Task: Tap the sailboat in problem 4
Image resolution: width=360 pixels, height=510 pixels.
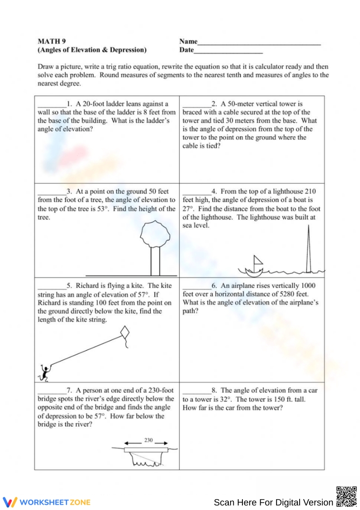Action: (254, 267)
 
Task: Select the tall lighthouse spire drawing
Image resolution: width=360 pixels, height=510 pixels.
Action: (309, 250)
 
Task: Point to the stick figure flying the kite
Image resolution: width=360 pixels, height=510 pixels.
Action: (44, 372)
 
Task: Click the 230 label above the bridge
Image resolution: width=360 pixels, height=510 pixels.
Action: (148, 440)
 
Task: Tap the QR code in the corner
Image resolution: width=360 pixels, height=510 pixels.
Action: (346, 496)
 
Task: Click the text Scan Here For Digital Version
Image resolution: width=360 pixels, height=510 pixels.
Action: (273, 502)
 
